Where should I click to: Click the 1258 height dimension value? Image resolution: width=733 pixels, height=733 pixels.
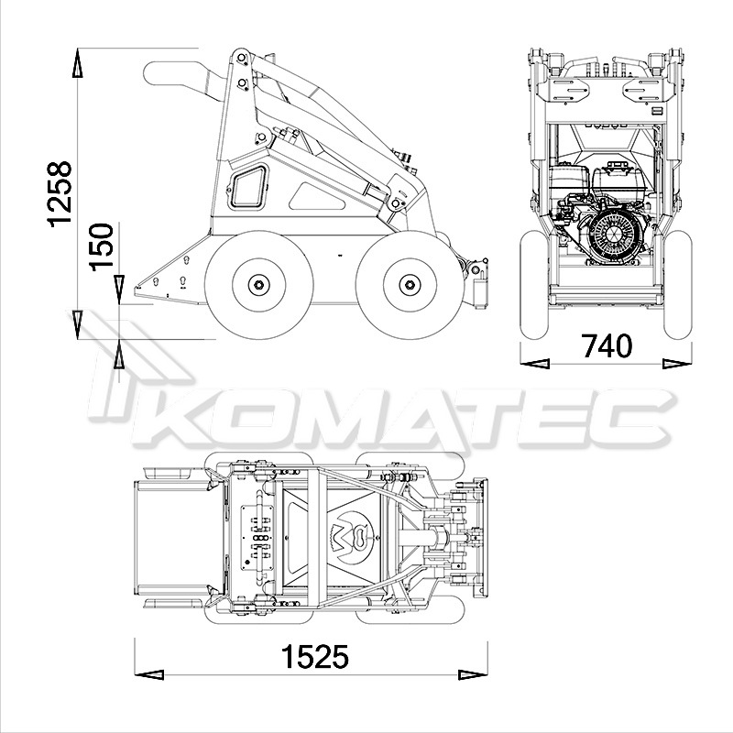[x=60, y=194]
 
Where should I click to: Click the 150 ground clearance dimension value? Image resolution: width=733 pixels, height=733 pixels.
[x=102, y=246]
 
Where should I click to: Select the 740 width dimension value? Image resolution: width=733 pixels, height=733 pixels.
[x=607, y=346]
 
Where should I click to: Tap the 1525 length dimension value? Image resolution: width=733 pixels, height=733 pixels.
[x=314, y=656]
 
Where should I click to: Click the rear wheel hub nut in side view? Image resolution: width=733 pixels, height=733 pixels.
[x=259, y=284]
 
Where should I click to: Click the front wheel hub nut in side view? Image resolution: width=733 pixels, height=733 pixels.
[x=410, y=284]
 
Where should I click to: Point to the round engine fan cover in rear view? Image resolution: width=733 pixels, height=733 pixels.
[x=613, y=235]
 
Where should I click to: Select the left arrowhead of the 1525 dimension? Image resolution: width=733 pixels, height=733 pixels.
[x=148, y=674]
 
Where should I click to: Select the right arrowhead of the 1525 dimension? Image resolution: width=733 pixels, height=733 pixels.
[x=473, y=674]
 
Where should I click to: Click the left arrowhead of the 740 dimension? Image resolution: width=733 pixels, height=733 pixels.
[x=535, y=363]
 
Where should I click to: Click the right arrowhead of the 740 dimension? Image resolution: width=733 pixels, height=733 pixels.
[x=677, y=363]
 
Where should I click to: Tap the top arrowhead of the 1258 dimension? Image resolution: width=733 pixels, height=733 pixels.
[x=78, y=62]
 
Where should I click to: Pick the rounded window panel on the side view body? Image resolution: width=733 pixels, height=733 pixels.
[x=248, y=187]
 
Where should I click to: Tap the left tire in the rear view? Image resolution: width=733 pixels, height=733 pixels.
[x=534, y=285]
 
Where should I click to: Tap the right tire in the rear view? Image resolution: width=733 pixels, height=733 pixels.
[x=678, y=285]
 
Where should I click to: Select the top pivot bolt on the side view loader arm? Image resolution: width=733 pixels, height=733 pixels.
[x=242, y=58]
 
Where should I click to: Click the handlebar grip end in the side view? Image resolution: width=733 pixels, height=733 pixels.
[x=154, y=73]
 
